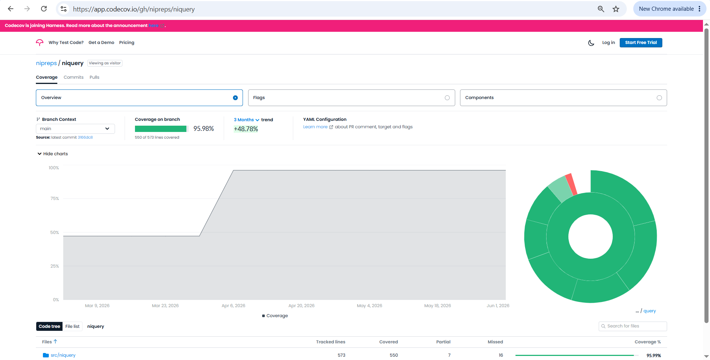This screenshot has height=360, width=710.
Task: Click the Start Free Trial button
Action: (641, 43)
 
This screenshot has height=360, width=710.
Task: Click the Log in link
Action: (608, 43)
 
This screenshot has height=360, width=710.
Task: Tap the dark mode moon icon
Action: (591, 43)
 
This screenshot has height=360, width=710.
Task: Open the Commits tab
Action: (74, 77)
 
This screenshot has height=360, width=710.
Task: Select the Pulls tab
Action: (94, 77)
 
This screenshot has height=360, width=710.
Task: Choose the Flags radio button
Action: (447, 98)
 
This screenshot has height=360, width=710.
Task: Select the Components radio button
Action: (659, 98)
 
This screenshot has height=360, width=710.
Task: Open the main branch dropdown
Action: (75, 129)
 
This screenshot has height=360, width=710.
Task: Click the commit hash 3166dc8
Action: (85, 137)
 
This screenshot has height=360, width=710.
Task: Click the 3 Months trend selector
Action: (246, 120)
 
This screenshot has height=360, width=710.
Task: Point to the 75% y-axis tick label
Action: (55, 198)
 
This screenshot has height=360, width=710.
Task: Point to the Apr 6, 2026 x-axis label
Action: (233, 306)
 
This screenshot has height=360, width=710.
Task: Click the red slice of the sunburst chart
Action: (571, 184)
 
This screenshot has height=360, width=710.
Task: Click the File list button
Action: (72, 326)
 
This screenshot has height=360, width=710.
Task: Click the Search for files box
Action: (633, 326)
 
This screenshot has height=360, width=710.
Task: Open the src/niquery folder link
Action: (63, 355)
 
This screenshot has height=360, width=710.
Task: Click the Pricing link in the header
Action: (126, 43)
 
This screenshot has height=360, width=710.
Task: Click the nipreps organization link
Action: (46, 63)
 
